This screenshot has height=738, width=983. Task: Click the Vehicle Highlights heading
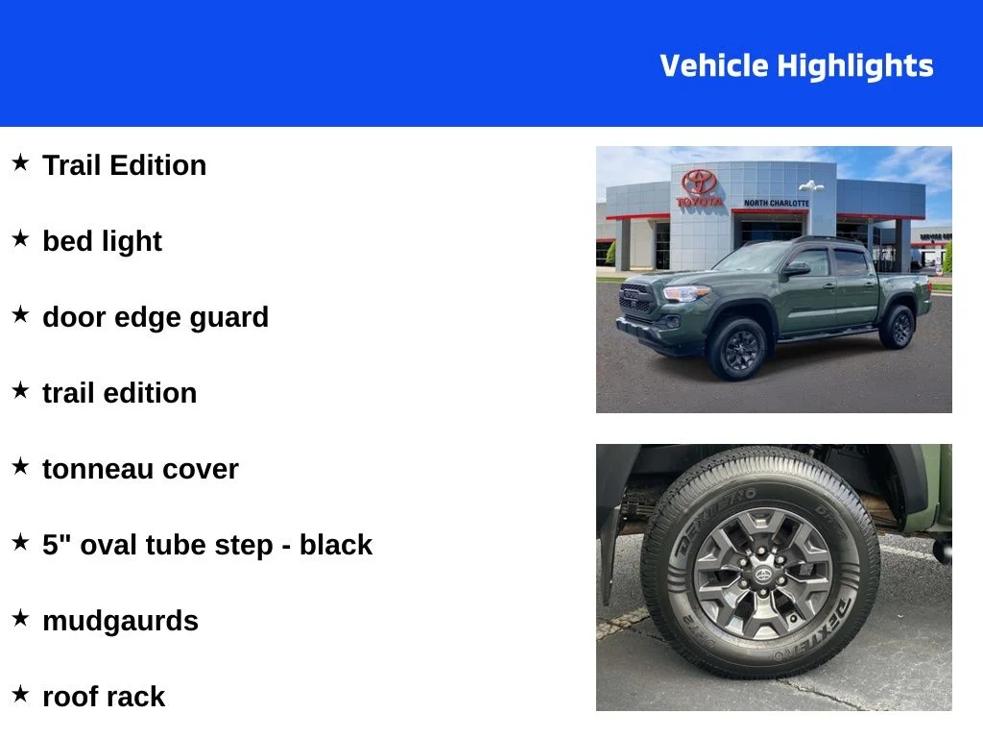[x=796, y=66]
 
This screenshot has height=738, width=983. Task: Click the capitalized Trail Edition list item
[x=124, y=165]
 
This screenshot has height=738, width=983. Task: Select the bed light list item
[x=102, y=241]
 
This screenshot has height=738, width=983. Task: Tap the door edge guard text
[x=156, y=317]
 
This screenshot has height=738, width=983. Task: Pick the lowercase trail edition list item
[x=120, y=393]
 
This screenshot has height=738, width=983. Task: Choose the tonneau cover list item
[x=140, y=469]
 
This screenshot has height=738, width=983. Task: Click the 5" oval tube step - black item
[x=207, y=545]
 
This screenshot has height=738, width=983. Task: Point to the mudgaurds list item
[x=120, y=622]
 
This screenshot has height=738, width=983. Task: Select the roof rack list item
[x=104, y=697]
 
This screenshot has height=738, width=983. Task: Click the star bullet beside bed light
[x=21, y=238]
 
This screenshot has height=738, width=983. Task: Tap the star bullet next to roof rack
[x=21, y=694]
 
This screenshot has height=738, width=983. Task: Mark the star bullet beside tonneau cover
[x=21, y=466]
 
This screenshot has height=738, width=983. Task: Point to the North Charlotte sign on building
[x=776, y=204]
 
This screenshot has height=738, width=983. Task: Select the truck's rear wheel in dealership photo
[x=898, y=327]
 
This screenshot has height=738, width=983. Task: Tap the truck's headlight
[x=685, y=293]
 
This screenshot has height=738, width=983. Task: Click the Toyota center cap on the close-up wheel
[x=763, y=575]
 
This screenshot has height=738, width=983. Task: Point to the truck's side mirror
[x=796, y=269]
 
